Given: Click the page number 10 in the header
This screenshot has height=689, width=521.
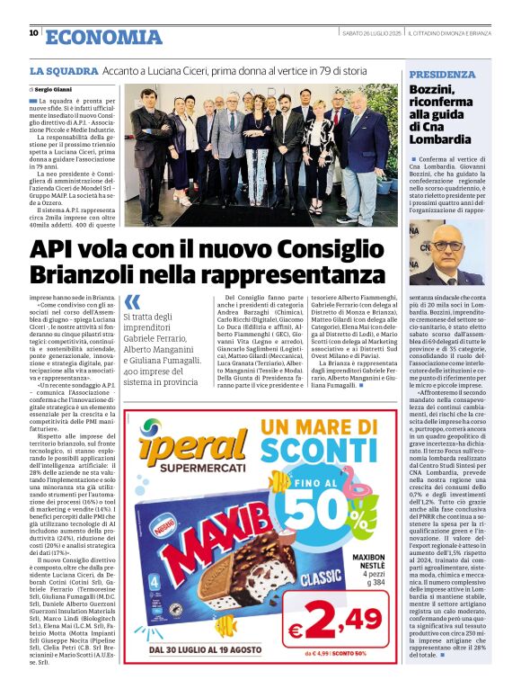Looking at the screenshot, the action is [x=33, y=34].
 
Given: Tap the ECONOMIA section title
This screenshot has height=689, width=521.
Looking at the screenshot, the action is [x=103, y=36].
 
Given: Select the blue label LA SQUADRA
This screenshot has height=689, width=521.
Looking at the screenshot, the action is [x=64, y=70].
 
